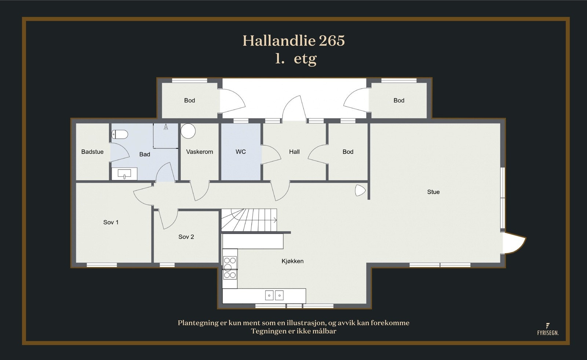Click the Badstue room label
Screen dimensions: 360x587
click(x=92, y=152)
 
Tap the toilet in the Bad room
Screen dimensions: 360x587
click(x=120, y=135)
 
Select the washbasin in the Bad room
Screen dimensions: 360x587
click(x=124, y=174)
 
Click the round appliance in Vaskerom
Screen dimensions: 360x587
click(x=188, y=131)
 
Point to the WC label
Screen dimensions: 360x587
click(x=241, y=152)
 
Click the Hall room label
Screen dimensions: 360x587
click(x=294, y=152)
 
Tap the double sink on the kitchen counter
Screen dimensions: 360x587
click(x=274, y=295)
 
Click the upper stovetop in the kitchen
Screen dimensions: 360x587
click(x=230, y=264)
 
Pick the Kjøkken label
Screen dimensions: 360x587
click(x=292, y=261)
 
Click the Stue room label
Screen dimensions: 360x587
click(x=433, y=192)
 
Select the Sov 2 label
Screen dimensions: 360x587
click(x=186, y=237)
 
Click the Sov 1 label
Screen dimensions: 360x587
click(x=111, y=222)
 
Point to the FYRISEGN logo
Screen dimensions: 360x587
click(x=548, y=330)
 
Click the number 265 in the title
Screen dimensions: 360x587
click(x=332, y=41)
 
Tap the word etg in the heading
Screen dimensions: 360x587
click(x=305, y=59)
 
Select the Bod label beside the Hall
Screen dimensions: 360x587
click(x=348, y=152)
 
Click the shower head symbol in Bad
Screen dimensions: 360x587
click(x=166, y=127)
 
